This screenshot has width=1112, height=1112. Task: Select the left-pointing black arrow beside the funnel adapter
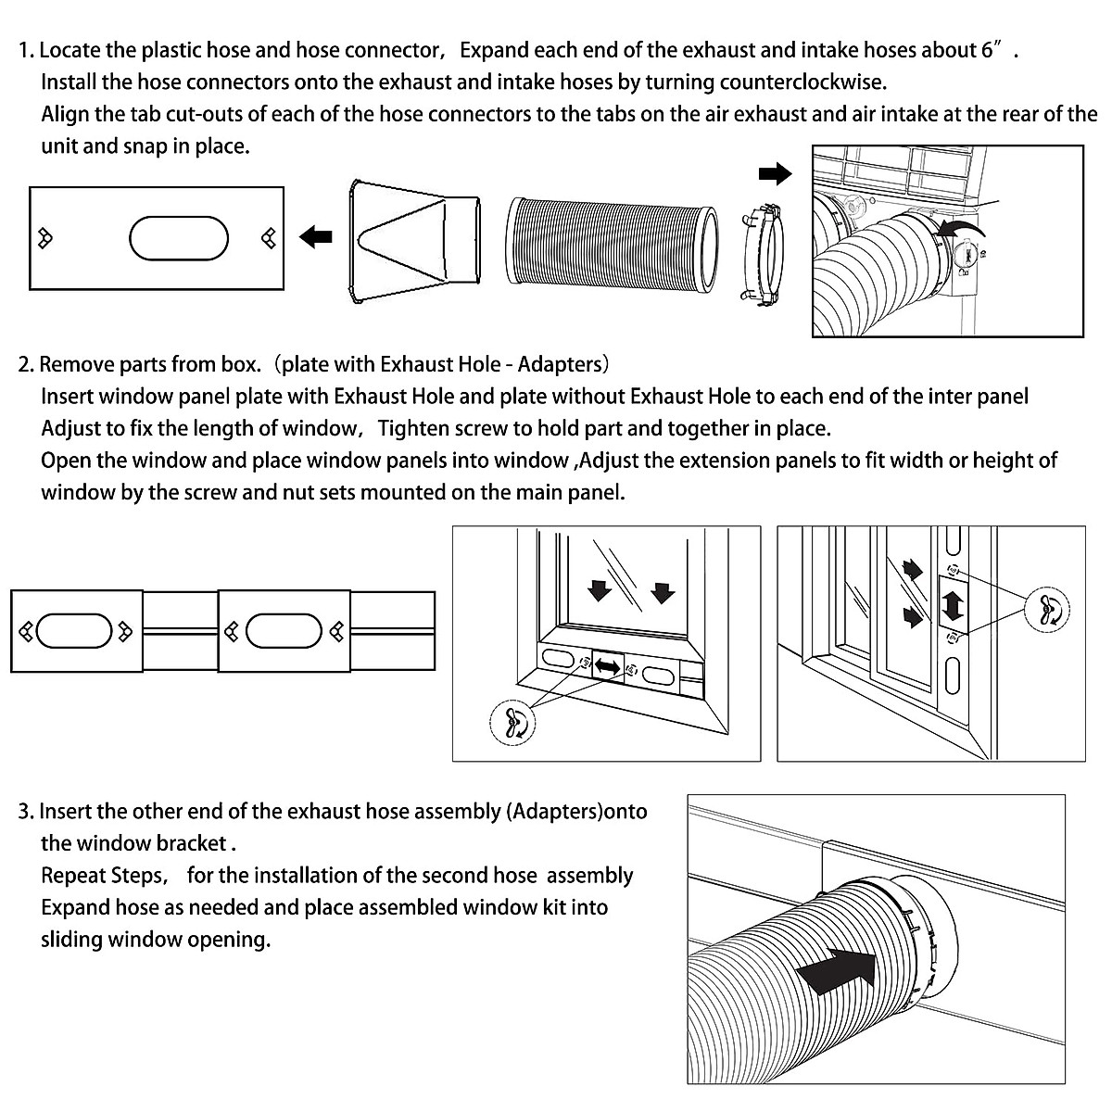[316, 238]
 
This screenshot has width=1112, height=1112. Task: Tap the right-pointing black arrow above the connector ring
[775, 173]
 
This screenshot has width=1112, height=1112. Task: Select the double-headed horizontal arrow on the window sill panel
[608, 666]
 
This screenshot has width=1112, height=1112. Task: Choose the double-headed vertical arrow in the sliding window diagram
[952, 602]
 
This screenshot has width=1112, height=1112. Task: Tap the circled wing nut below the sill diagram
[512, 720]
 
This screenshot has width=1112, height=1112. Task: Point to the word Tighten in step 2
[417, 428]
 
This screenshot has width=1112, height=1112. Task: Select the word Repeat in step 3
[73, 876]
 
